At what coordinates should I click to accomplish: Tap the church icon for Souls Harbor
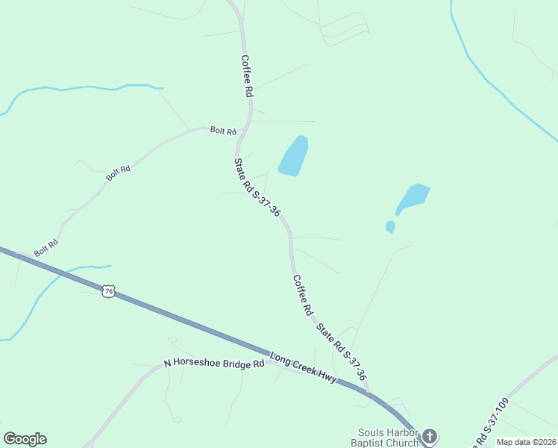point(429,435)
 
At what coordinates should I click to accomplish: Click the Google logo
point(25,439)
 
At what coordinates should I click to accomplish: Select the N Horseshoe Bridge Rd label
point(214,365)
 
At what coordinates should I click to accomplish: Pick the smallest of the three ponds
point(390,226)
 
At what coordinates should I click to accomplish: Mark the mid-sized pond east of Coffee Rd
point(413,198)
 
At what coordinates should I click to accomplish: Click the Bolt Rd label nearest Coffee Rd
point(222,131)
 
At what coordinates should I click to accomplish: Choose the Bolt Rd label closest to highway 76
point(46,247)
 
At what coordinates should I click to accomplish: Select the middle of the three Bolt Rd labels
point(118,172)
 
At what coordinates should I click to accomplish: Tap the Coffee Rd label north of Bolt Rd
point(247,77)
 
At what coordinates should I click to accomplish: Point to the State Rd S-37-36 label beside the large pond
point(257,187)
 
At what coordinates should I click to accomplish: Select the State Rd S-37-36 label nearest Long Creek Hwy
point(341,352)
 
